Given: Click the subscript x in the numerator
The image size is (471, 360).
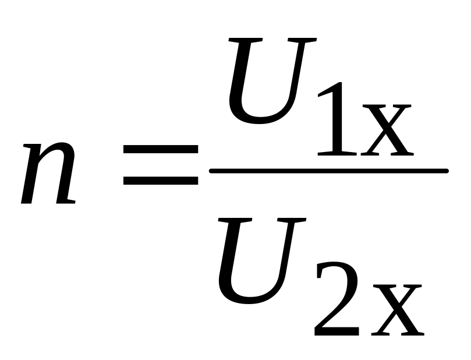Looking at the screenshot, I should coord(387,131).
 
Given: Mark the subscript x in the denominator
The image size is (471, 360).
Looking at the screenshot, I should coord(398,310).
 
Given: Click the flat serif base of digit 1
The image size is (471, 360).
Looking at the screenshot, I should coord(336,153).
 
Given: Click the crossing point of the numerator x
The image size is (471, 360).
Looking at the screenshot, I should coord(387,130).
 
